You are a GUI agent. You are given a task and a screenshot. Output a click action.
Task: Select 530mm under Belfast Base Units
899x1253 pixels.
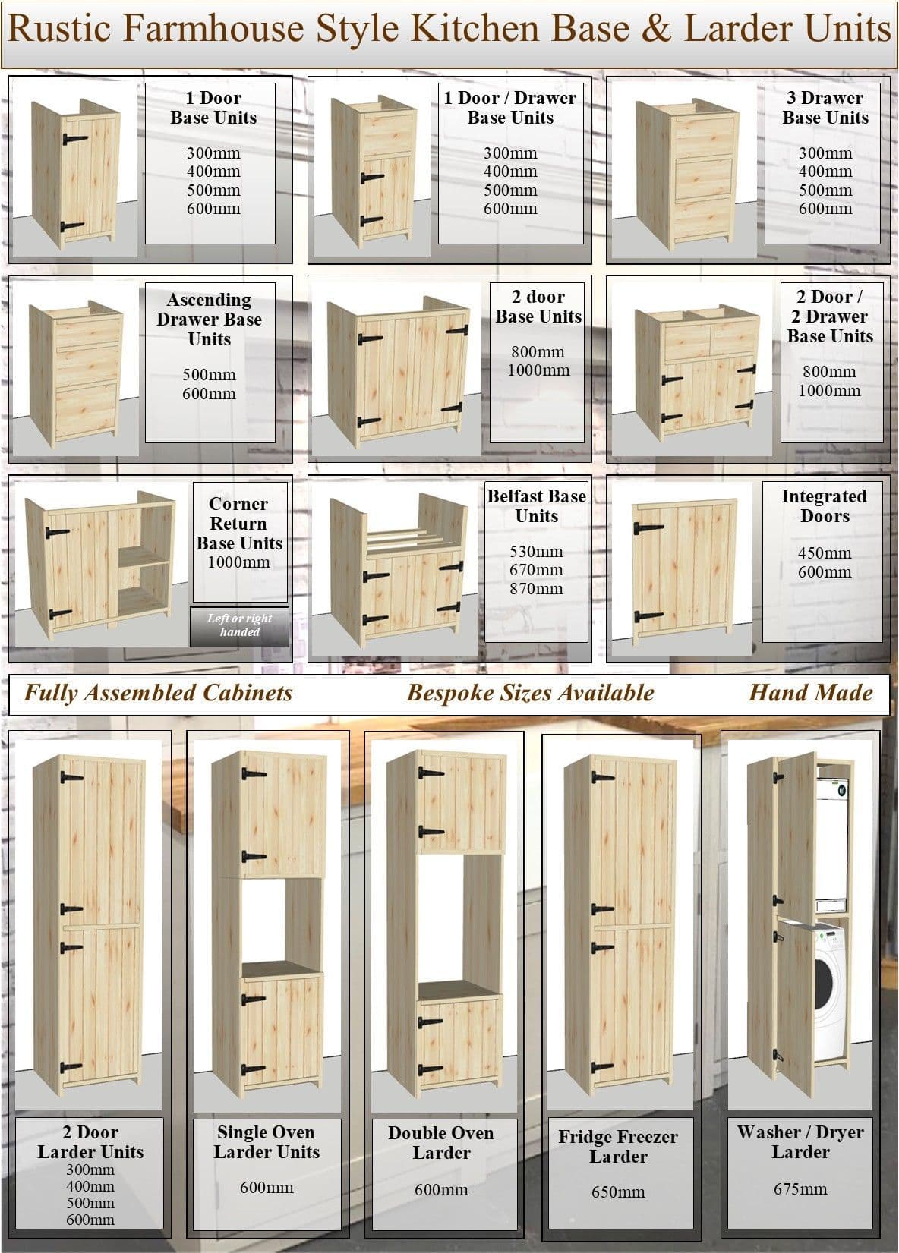tap(536, 552)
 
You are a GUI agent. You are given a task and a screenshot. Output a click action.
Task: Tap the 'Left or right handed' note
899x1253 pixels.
tap(240, 625)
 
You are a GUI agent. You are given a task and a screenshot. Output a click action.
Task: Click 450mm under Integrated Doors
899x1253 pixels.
tap(825, 553)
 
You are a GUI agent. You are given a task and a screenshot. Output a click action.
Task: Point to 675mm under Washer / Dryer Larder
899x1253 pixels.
tap(800, 1188)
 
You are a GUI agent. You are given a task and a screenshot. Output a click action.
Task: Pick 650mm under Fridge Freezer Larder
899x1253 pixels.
tap(618, 1192)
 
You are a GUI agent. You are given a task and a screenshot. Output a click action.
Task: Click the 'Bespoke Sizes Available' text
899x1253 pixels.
tap(530, 693)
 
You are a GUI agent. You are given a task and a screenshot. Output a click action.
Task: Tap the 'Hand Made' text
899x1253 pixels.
tap(811, 692)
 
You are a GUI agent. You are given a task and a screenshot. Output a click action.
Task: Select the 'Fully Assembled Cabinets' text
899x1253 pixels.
tap(159, 693)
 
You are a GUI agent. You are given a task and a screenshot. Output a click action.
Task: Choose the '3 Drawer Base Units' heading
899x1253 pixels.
tap(825, 108)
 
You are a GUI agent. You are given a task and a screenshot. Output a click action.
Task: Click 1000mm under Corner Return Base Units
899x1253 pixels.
tap(239, 562)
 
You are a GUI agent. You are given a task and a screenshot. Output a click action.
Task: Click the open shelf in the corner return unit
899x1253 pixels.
tap(144, 556)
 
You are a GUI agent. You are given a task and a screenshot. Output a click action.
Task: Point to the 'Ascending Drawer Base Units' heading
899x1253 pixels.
tap(210, 320)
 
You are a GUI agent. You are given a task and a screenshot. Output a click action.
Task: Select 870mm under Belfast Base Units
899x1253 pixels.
tap(536, 588)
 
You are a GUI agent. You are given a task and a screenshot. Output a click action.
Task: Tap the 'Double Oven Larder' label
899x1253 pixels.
tap(441, 1143)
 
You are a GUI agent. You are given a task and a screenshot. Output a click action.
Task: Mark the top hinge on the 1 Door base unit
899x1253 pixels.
tap(74, 139)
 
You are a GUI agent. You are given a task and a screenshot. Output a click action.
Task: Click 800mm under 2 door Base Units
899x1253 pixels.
tap(538, 352)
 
